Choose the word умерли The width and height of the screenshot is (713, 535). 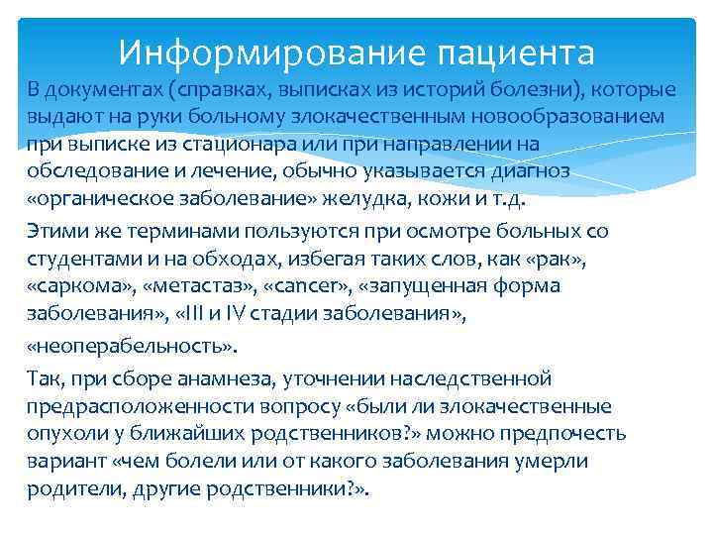click(555, 461)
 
